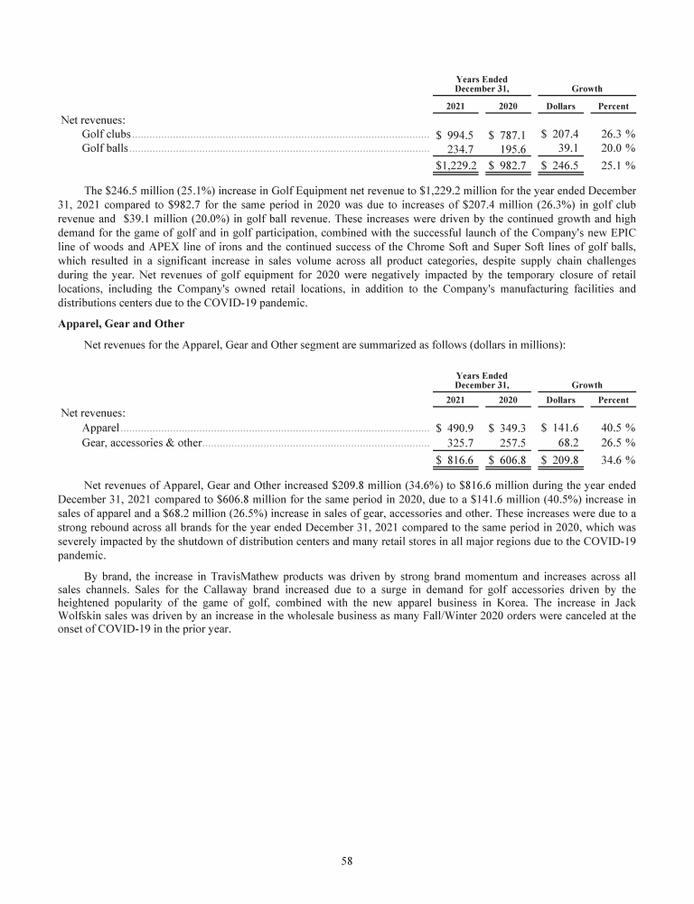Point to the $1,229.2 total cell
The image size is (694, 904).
click(456, 165)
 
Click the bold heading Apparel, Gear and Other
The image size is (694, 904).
click(121, 323)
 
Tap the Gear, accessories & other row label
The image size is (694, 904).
click(141, 443)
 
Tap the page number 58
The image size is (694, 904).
click(347, 861)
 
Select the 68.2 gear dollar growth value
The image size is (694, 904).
click(569, 443)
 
